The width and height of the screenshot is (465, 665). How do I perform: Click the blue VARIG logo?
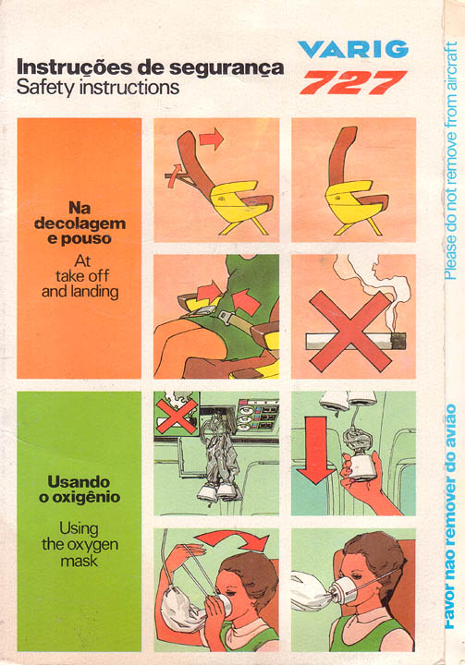pos(353,49)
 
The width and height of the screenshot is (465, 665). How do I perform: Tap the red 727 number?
pos(352,82)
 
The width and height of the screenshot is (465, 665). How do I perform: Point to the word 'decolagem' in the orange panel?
pos(80,224)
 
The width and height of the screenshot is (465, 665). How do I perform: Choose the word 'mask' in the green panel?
pos(79,562)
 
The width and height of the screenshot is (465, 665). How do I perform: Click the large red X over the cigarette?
pos(350,331)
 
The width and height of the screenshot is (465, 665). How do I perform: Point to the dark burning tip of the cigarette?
pos(398,341)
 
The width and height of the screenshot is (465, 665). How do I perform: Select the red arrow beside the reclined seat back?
pos(212,139)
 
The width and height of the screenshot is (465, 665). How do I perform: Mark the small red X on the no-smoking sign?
pos(177,417)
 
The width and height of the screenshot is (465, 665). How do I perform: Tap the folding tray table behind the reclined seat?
pos(178,175)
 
